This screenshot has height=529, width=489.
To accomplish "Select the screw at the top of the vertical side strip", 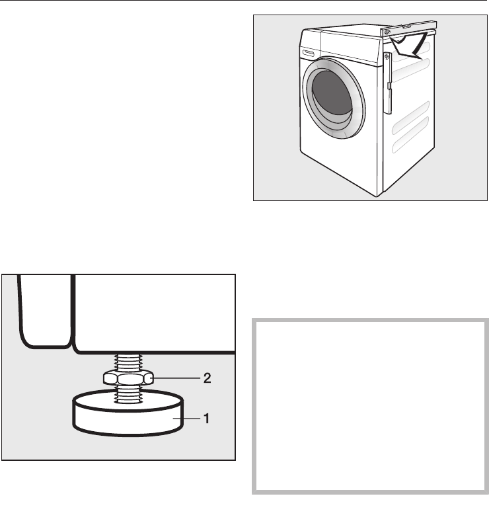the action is (387, 58).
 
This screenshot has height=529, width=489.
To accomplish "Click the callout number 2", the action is (207, 378).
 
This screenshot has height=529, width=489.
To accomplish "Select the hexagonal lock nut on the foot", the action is (130, 378).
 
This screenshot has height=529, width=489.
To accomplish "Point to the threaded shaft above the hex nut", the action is (129, 362).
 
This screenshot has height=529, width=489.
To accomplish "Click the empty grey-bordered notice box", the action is (371, 407).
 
